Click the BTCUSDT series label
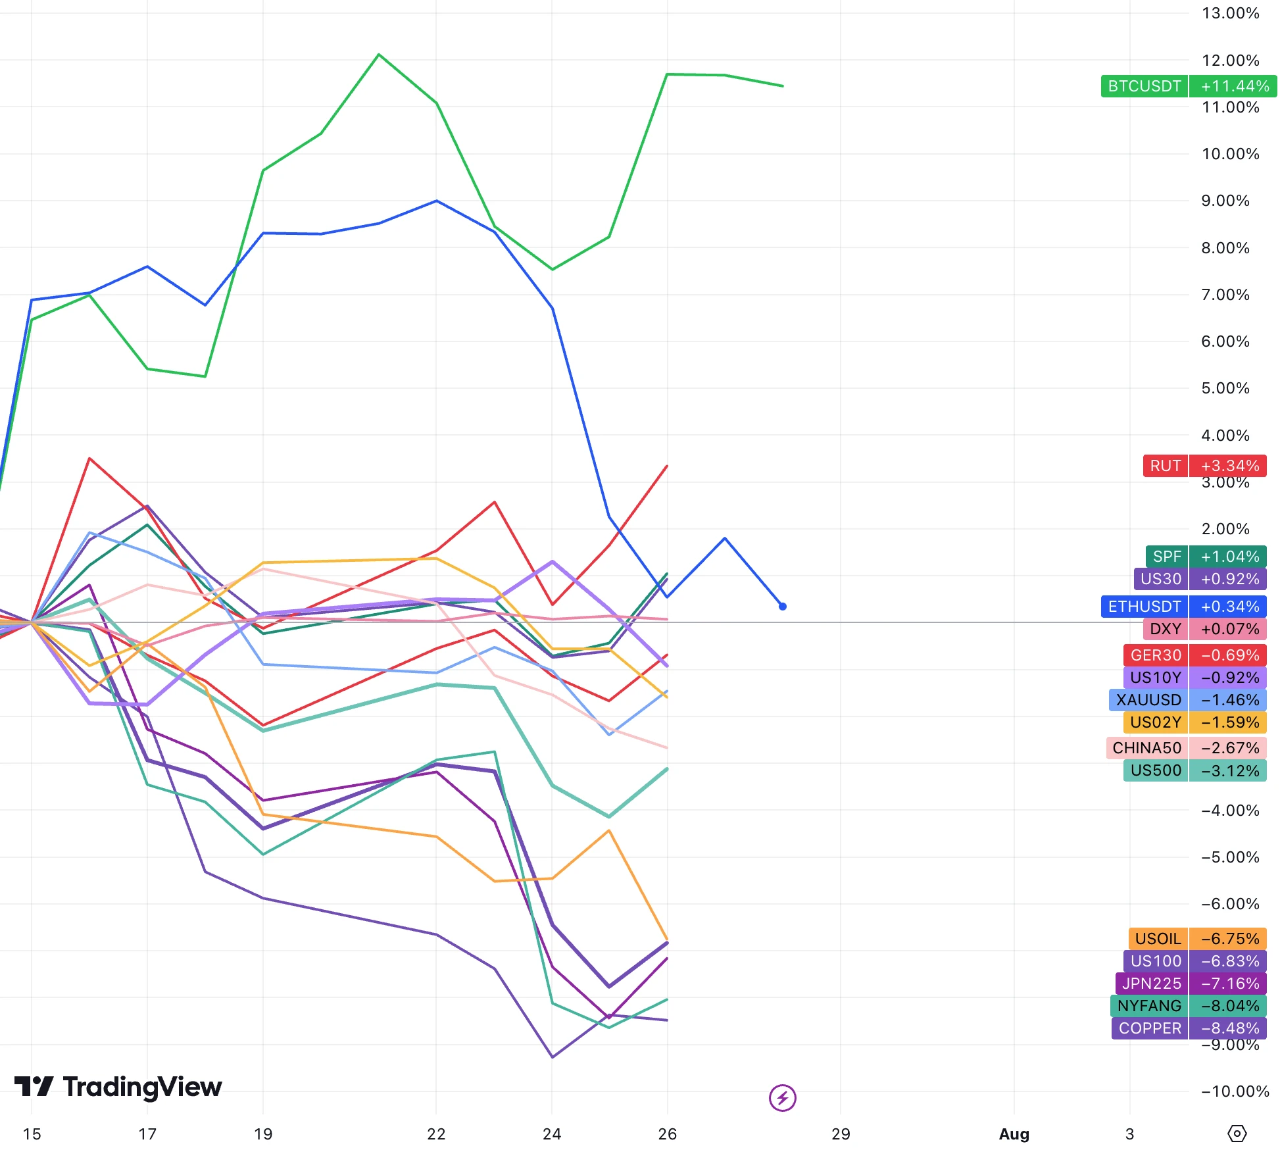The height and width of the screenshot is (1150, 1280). tap(1145, 86)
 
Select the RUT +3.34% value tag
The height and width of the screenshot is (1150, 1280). tap(1229, 466)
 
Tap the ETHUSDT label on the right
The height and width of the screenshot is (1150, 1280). tap(1145, 607)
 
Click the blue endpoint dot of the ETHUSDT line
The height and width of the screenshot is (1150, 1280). tap(782, 607)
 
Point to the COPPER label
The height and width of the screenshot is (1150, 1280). tap(1150, 1028)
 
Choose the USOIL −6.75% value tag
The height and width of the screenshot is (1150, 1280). tap(1229, 939)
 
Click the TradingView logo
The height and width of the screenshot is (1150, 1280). tap(118, 1087)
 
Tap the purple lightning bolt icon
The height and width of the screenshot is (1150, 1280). tap(782, 1098)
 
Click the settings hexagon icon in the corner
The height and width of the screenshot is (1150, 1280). tap(1237, 1134)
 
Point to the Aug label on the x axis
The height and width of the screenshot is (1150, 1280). tap(1014, 1134)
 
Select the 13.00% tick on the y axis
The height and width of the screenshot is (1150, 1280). tap(1230, 13)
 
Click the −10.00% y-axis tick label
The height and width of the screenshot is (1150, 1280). tap(1235, 1091)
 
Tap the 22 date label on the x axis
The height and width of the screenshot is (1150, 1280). tap(436, 1134)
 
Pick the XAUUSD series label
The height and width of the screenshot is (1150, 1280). tap(1148, 700)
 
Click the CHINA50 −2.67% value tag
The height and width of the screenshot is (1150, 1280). tap(1229, 748)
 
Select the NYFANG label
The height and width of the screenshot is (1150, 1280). tap(1149, 1006)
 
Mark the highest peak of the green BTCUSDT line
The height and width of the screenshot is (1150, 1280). tap(379, 55)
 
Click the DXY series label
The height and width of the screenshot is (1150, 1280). tap(1165, 629)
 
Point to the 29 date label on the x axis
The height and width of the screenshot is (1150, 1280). tap(841, 1134)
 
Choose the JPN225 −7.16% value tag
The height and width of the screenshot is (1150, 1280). tap(1229, 984)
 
